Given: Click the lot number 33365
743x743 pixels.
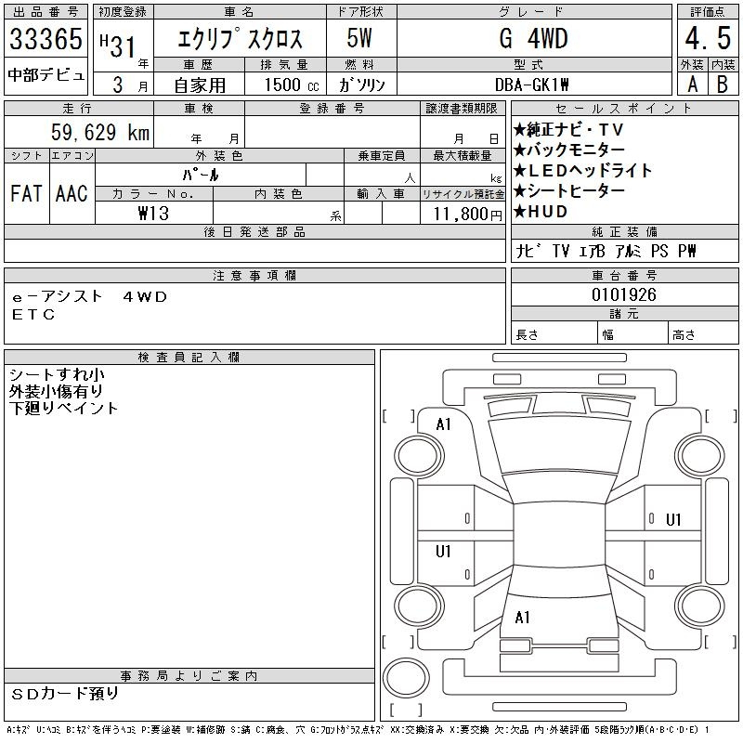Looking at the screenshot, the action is tap(46, 38).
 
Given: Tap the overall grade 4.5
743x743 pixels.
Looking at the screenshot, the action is tap(708, 38).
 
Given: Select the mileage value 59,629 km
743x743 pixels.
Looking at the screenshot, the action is tap(100, 132).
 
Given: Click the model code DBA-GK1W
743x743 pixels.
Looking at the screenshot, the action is tap(532, 85).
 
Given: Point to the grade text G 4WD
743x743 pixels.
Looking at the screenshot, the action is tap(533, 38).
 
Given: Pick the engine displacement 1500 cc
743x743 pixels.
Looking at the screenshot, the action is tap(292, 85).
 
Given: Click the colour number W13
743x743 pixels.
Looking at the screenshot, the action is tap(153, 214).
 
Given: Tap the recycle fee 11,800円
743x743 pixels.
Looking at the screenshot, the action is tap(468, 215).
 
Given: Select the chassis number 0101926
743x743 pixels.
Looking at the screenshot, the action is tap(624, 294).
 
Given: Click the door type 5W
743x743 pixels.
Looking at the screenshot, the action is tap(359, 38).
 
